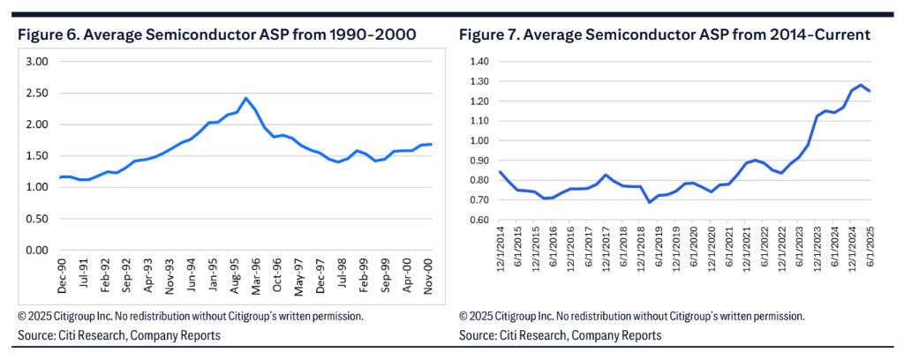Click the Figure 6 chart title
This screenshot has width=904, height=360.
pos(216,34)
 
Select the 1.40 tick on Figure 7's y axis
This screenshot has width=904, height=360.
pos(478,62)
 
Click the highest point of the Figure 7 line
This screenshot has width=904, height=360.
pos(859,85)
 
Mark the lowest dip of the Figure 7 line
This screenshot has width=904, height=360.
pos(625,202)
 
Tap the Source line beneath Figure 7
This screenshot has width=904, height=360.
pos(561,336)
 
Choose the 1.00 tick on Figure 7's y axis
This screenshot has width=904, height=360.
pos(478,140)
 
